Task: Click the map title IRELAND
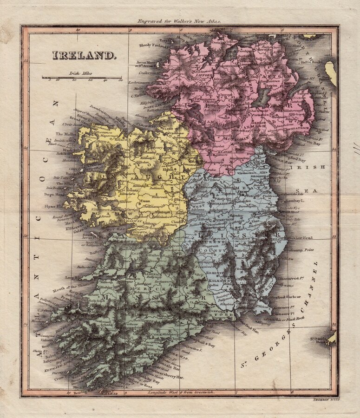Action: pyautogui.click(x=84, y=55)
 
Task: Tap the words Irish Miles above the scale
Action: pyautogui.click(x=79, y=73)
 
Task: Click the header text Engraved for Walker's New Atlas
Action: pyautogui.click(x=180, y=21)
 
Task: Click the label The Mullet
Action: pyautogui.click(x=65, y=133)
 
